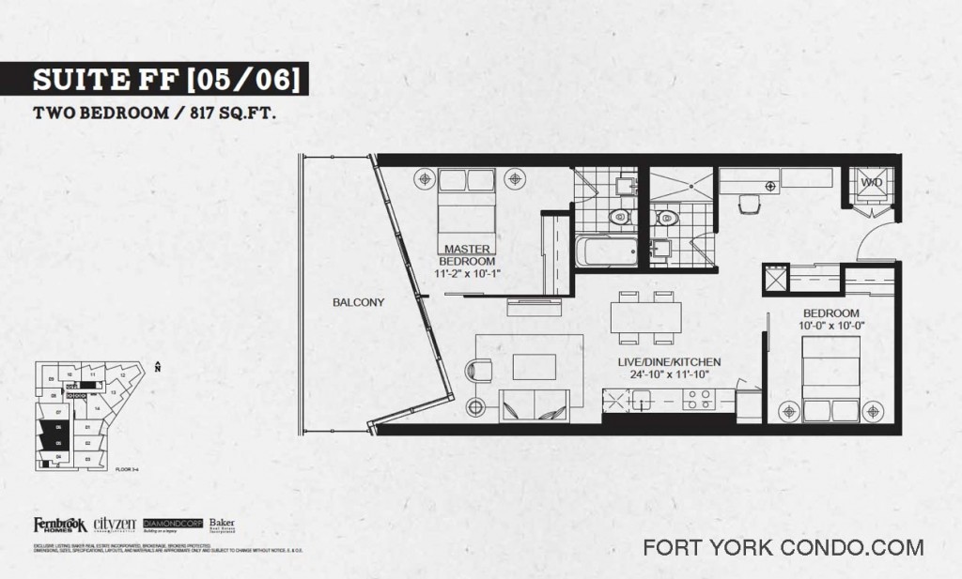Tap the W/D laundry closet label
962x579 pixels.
[x=871, y=182]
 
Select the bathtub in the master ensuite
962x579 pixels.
[x=604, y=251]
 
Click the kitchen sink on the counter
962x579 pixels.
[x=642, y=400]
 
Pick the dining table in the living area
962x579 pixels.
[x=645, y=317]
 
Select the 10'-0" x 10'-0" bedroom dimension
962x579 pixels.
[x=831, y=326]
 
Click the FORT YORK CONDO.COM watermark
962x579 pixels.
[x=783, y=547]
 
